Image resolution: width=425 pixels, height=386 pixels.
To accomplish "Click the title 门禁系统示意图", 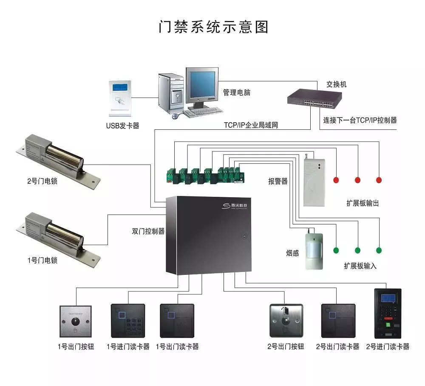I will [214, 27].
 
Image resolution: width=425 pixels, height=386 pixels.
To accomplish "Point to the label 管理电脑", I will [237, 92].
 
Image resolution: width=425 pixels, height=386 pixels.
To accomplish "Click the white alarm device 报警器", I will [314, 182].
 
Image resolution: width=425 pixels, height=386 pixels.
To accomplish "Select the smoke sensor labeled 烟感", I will [314, 250].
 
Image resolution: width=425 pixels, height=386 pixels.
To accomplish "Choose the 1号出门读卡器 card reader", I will [177, 320].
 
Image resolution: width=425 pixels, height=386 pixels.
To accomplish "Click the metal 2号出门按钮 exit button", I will [286, 320].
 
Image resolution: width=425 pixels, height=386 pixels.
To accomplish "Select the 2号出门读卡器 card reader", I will [338, 320].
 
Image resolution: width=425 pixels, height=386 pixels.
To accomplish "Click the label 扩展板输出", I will [362, 203].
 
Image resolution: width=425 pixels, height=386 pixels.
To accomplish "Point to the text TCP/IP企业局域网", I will [251, 126].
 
